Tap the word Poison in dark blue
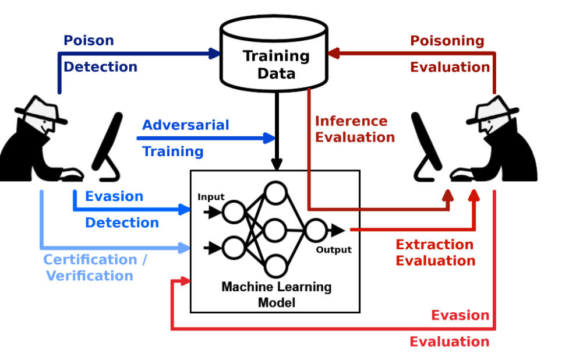pyautogui.click(x=89, y=41)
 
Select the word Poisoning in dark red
pyautogui.click(x=447, y=41)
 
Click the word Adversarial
pyautogui.click(x=186, y=125)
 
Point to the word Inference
pyautogui.click(x=351, y=121)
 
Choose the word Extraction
pyautogui.click(x=434, y=245)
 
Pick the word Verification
pyautogui.click(x=90, y=276)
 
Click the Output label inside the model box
pyautogui.click(x=334, y=250)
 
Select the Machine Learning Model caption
pyautogui.click(x=276, y=294)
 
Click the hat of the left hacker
pyautogui.click(x=41, y=108)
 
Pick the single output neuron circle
pyautogui.click(x=315, y=231)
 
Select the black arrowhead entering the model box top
pyautogui.click(x=277, y=163)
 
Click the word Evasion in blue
pyautogui.click(x=114, y=196)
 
